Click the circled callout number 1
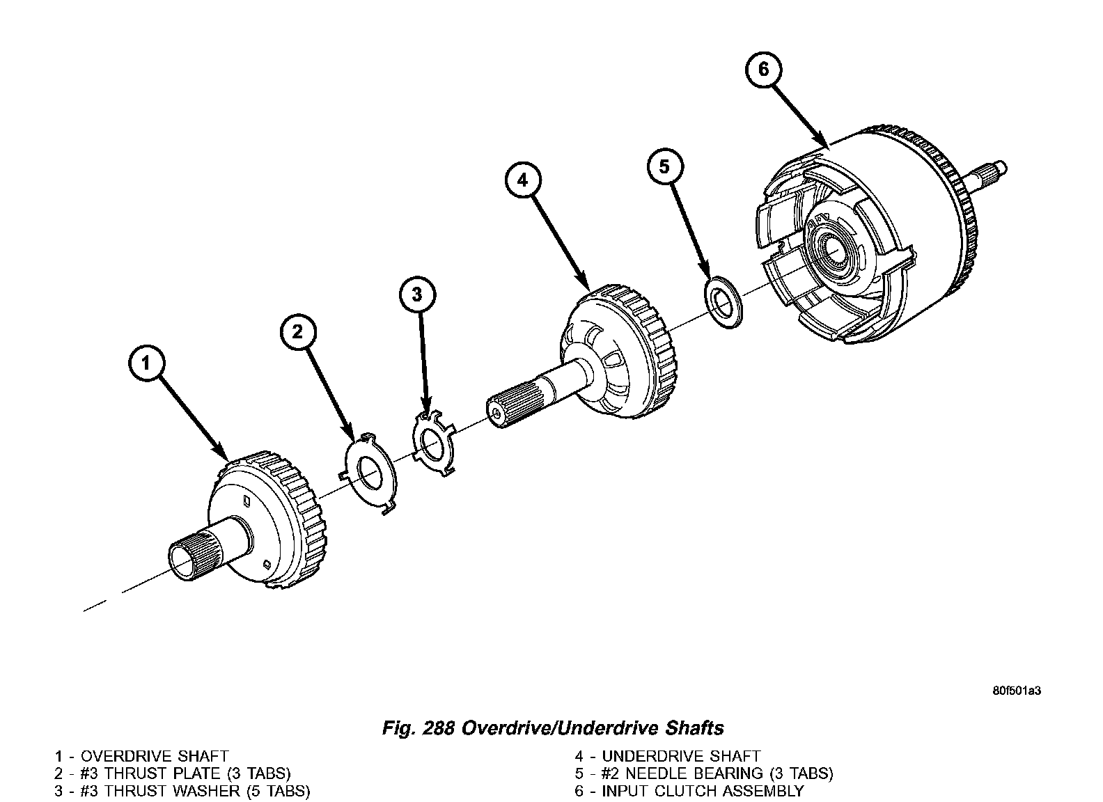[146, 364]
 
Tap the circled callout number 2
[298, 332]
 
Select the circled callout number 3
[417, 294]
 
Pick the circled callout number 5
[664, 166]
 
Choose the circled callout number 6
[763, 70]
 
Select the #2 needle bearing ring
[723, 302]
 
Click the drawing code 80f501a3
[1016, 691]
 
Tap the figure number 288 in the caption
[439, 728]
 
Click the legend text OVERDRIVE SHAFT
[155, 756]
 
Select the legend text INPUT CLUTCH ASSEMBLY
[703, 791]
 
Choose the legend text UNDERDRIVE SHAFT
[681, 756]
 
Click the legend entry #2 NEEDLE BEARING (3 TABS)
[717, 773]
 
